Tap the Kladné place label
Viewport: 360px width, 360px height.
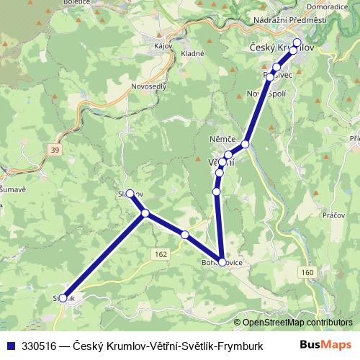(193, 53)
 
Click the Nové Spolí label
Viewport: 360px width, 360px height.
(264, 94)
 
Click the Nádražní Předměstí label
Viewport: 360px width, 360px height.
(295, 21)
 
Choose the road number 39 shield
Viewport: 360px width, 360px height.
(55, 149)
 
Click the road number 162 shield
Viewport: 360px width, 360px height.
(161, 253)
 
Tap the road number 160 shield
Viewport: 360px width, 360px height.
(307, 272)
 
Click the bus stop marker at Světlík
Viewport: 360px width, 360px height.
(63, 297)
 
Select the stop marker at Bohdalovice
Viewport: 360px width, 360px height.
(222, 262)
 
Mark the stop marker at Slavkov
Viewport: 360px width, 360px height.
(130, 194)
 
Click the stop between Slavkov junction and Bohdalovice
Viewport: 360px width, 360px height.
(185, 235)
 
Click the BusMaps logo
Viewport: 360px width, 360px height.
(325, 344)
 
